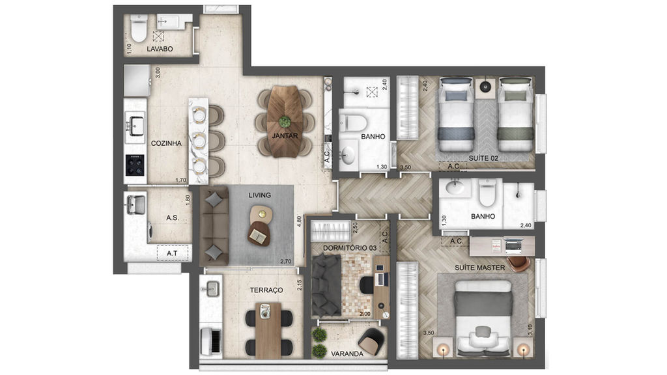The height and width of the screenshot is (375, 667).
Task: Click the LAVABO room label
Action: pyautogui.click(x=159, y=49)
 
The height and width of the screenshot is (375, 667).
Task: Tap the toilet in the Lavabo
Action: pyautogui.click(x=139, y=29)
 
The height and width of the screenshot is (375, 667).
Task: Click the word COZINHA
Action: pyautogui.click(x=165, y=144)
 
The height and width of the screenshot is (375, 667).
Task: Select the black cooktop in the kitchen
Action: pyautogui.click(x=135, y=165)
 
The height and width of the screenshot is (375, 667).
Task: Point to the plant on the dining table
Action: pyautogui.click(x=285, y=121)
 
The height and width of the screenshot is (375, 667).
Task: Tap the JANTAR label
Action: pyautogui.click(x=285, y=136)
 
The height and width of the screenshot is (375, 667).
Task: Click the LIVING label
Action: pyautogui.click(x=259, y=195)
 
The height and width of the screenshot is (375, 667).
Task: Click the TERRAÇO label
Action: pyautogui.click(x=266, y=290)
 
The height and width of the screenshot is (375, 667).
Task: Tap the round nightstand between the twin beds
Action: pyautogui.click(x=485, y=85)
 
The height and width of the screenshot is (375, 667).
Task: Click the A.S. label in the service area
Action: pyautogui.click(x=172, y=219)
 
